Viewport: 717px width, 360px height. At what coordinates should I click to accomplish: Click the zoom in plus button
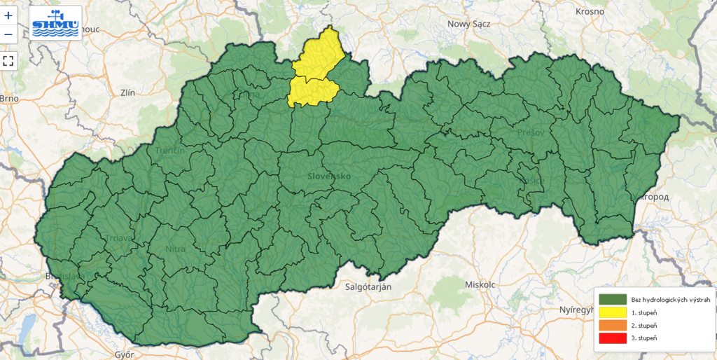pos(8,15)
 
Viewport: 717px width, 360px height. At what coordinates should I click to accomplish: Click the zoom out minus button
pos(8,34)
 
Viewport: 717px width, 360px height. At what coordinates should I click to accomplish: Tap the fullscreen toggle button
pos(8,60)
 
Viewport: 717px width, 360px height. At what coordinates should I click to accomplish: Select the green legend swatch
pos(611,300)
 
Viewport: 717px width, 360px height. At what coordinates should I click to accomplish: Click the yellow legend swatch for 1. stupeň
pos(611,312)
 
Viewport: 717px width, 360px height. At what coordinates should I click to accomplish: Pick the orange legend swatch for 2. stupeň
pos(611,326)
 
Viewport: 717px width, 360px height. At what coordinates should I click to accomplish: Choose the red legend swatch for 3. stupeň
pos(611,339)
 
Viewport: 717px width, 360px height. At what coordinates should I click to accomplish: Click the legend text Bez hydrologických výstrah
pos(670,300)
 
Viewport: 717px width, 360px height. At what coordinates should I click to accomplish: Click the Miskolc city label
pos(480,284)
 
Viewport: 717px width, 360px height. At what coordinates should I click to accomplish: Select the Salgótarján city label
pos(368,286)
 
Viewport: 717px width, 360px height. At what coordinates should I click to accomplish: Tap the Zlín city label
pos(127,92)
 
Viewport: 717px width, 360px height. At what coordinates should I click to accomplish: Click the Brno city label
pos(8,99)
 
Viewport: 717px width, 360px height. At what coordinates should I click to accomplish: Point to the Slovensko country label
pos(329,176)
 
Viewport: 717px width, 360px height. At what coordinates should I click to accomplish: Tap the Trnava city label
pos(120,238)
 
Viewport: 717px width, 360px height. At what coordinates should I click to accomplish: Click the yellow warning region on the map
pos(316,70)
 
